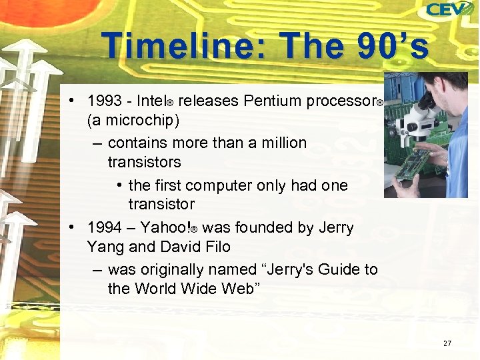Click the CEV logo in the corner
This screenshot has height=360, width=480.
tap(450, 11)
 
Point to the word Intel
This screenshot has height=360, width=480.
tap(151, 101)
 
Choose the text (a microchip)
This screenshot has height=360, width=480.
tap(133, 121)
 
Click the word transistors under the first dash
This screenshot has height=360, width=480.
tap(144, 162)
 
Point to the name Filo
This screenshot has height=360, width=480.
tap(215, 247)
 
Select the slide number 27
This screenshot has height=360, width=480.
tap(447, 343)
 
